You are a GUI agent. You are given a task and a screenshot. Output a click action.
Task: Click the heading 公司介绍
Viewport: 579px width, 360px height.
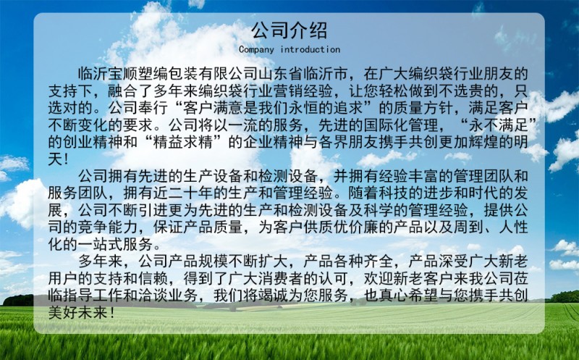(289, 30)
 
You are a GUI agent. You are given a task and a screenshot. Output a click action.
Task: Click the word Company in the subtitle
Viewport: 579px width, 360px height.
(256, 49)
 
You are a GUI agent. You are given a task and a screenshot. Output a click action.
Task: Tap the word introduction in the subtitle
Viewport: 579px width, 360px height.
(310, 49)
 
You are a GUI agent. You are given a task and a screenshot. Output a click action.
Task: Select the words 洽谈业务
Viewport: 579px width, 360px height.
(168, 296)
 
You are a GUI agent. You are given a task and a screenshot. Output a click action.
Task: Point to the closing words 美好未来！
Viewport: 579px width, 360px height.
(82, 312)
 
